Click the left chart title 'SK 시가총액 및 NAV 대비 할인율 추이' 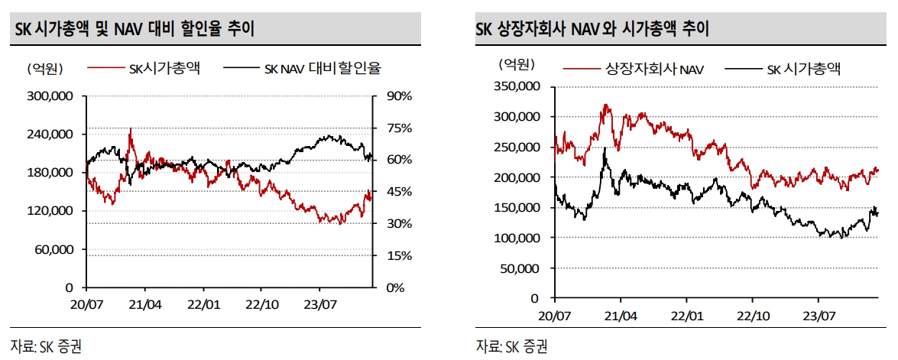point(135,30)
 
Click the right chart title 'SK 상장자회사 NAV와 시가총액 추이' point(592,30)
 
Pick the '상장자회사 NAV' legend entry point(654,70)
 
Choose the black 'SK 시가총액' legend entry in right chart point(803,70)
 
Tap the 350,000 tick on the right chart point(516,86)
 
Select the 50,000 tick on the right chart point(519,268)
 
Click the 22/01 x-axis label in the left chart point(203,303)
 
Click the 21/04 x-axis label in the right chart point(621,314)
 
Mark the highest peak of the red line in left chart point(131,128)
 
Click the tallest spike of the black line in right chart point(604,148)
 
